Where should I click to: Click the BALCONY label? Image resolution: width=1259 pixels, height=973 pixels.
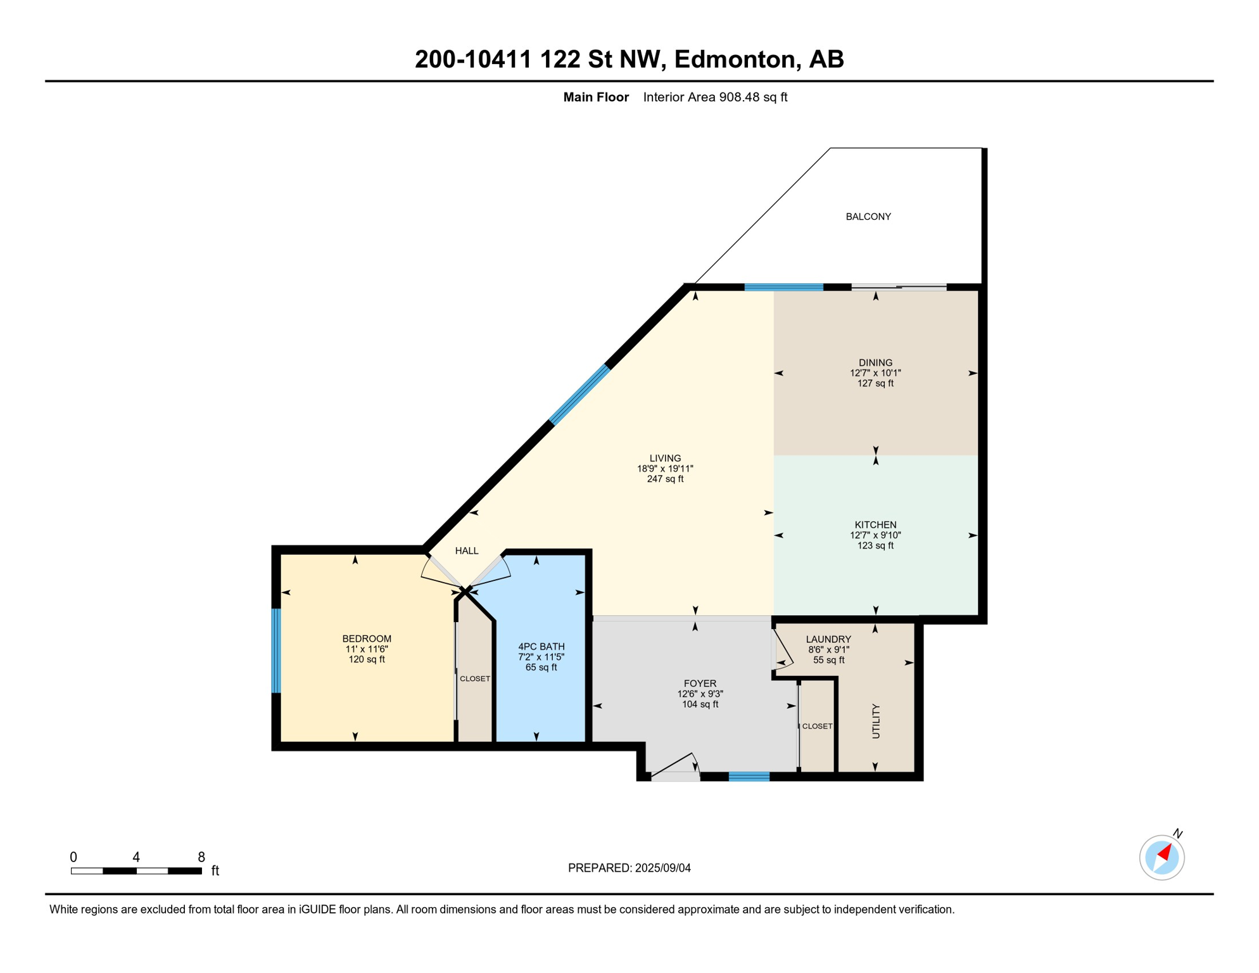868,217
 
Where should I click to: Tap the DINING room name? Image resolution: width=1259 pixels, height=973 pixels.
875,363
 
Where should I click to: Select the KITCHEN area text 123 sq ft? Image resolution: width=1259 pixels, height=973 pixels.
875,546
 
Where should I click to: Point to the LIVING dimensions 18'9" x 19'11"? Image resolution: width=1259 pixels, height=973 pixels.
665,469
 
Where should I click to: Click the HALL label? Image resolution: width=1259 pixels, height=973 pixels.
467,551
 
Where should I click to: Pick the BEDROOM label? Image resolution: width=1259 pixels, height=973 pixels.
367,639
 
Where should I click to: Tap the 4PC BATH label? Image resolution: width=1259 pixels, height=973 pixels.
541,647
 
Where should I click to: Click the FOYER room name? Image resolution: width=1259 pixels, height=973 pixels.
700,684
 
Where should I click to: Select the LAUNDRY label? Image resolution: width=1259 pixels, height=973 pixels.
828,640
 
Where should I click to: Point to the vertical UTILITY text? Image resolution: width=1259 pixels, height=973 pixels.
876,721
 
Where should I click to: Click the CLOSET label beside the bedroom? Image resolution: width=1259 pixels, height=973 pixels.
475,679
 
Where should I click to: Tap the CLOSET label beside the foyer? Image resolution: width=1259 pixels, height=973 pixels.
817,727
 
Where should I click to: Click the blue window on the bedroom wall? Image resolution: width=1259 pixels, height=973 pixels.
276,651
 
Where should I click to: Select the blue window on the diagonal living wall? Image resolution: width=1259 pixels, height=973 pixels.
579,395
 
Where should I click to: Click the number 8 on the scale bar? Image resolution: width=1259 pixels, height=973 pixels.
201,857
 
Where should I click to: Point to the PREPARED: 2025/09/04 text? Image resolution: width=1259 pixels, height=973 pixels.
629,868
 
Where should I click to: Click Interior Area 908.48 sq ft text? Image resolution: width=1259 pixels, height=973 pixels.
715,98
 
